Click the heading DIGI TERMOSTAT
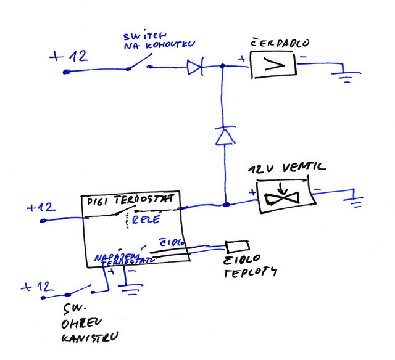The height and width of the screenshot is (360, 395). point(129,200)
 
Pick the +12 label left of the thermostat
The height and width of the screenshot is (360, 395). point(41,207)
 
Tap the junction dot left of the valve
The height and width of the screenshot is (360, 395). point(227,204)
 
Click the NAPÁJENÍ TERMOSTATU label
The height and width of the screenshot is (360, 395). point(120,258)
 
